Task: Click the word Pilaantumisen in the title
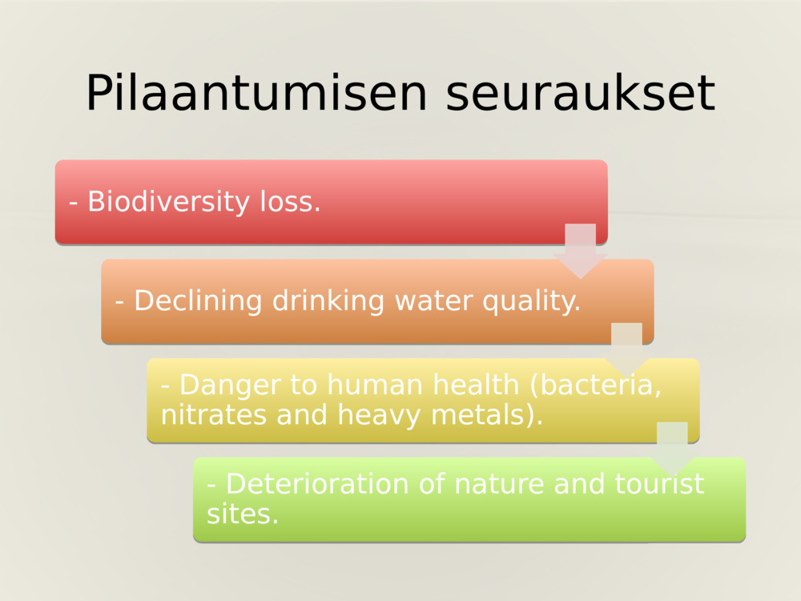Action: point(256,93)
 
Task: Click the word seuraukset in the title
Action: point(580,93)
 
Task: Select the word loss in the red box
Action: point(290,202)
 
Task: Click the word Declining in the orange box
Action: point(198,301)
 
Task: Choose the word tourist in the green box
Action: point(660,484)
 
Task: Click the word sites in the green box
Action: point(242,514)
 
